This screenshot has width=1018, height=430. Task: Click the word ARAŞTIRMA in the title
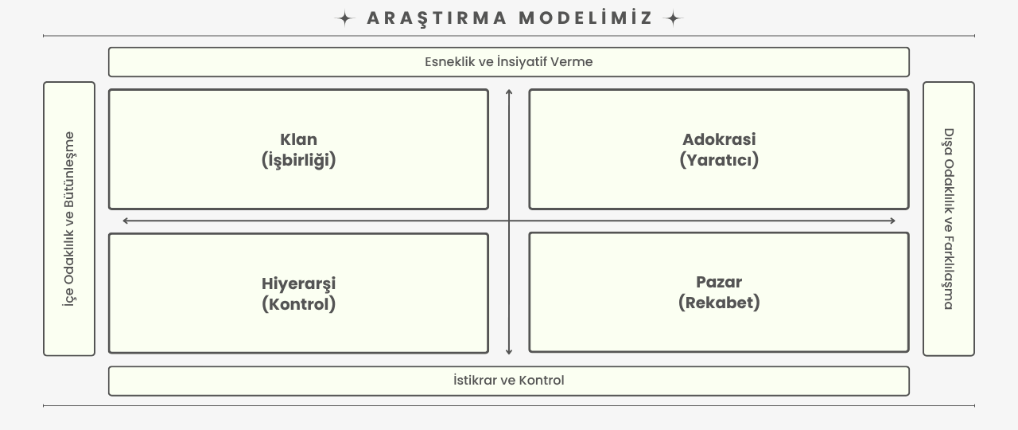click(437, 18)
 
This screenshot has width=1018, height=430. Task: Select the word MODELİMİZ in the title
click(585, 18)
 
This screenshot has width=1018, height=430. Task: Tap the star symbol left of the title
click(345, 18)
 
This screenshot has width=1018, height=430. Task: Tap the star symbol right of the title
click(673, 18)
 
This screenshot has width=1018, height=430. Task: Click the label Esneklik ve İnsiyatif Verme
click(508, 62)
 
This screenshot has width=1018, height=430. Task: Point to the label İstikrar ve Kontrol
click(508, 381)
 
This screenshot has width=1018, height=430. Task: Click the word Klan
click(298, 139)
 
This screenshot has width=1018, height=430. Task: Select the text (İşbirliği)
click(298, 160)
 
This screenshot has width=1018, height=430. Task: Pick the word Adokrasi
click(719, 139)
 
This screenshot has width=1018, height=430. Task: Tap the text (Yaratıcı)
click(719, 160)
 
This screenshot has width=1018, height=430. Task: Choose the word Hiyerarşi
click(298, 284)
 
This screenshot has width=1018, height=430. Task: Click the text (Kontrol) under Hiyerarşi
click(298, 304)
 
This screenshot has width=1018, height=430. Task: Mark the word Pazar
click(719, 282)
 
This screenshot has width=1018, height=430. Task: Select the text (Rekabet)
click(719, 303)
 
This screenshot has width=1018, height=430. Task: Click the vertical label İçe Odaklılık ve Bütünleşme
click(69, 219)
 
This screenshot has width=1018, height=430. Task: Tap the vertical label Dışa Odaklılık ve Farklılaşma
click(949, 219)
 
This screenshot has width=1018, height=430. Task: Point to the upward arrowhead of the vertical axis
click(509, 92)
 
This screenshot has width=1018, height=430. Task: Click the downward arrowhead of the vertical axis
click(509, 352)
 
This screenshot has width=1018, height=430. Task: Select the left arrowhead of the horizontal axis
click(126, 221)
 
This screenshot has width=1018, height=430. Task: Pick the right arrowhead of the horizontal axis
click(892, 221)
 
